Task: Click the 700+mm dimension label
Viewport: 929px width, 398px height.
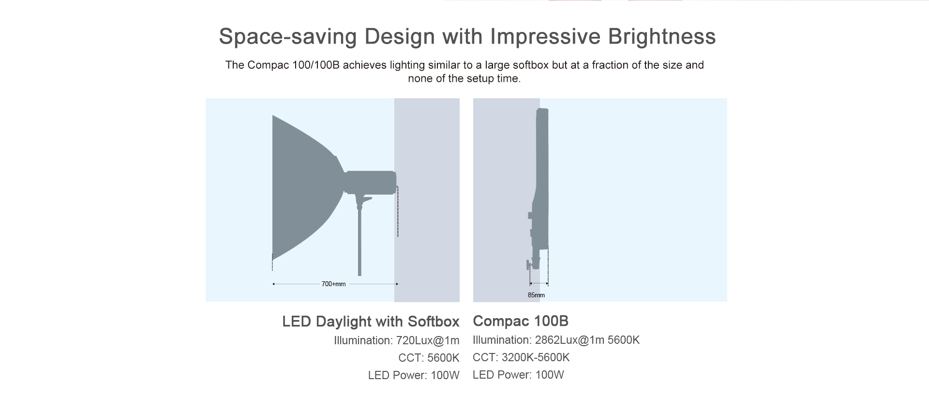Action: [x=333, y=284]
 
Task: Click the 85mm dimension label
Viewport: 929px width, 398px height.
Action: [x=536, y=295]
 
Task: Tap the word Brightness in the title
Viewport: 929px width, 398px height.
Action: [x=661, y=36]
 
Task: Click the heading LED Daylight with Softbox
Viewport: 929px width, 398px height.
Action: [x=371, y=321]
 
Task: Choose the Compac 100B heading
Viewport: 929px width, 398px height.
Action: [x=521, y=321]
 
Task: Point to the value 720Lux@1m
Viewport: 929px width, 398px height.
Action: [x=428, y=340]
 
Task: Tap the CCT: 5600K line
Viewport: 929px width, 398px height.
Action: [x=429, y=358]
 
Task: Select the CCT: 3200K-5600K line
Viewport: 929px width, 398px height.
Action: [x=521, y=357]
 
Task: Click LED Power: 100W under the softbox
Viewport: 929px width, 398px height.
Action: [x=414, y=375]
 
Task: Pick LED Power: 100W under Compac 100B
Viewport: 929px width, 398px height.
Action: [x=518, y=375]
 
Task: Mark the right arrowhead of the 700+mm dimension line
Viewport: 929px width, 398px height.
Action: [x=397, y=284]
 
